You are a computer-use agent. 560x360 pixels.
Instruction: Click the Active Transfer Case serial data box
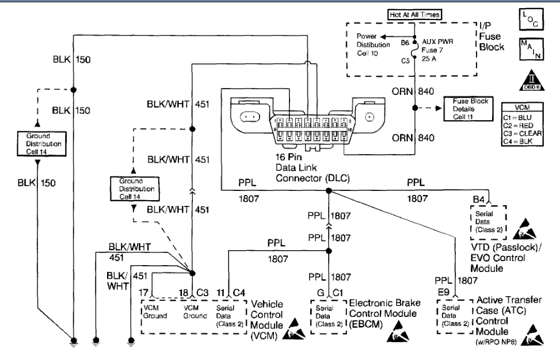point(451,316)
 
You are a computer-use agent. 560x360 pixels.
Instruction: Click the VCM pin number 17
point(147,293)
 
